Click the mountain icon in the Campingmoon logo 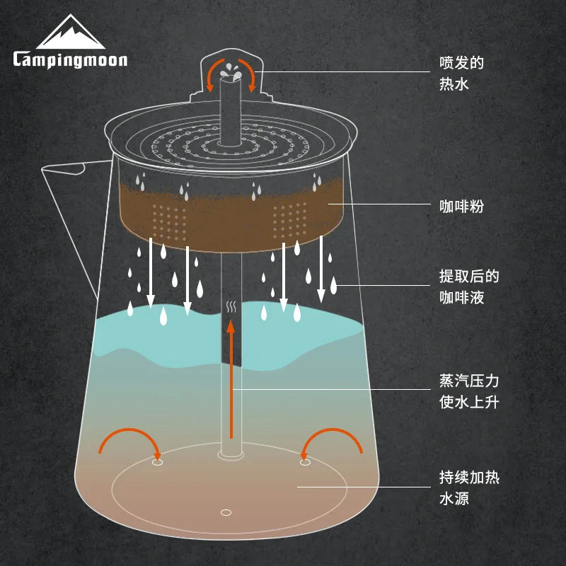[70, 33]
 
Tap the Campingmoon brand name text [70, 59]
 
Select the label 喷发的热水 [461, 73]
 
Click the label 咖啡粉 [461, 207]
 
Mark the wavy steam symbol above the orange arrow [231, 307]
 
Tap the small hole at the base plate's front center [226, 512]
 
